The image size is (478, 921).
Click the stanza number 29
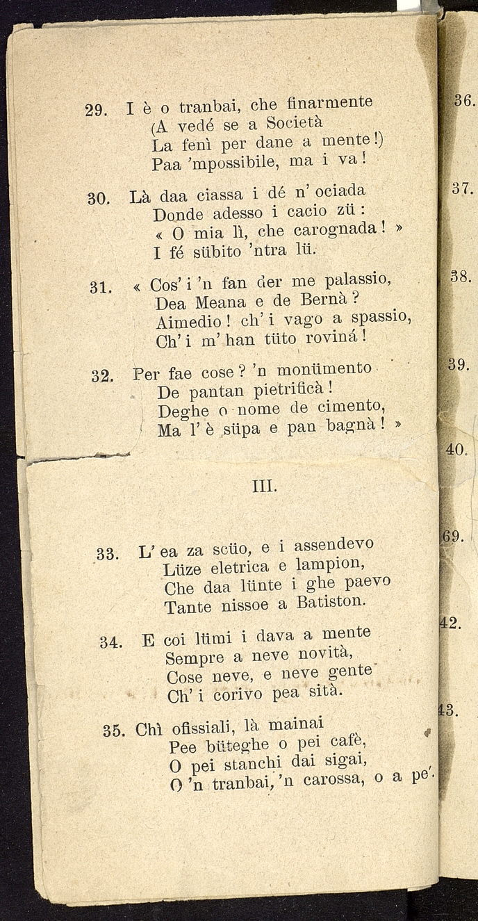click(94, 110)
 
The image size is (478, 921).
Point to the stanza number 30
click(97, 198)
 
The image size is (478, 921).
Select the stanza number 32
click(101, 376)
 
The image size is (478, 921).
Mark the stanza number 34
click(110, 642)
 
